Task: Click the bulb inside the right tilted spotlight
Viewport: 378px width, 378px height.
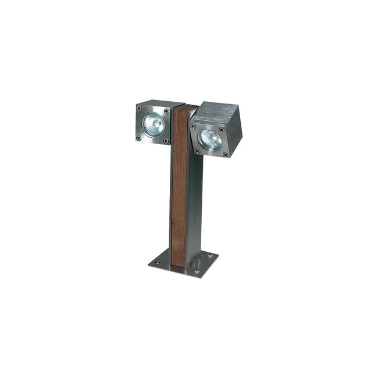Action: coord(209,138)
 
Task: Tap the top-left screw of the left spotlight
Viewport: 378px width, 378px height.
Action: coord(140,108)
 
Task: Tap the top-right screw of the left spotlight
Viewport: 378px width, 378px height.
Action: coord(166,109)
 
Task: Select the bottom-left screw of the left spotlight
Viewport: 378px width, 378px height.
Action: coord(139,138)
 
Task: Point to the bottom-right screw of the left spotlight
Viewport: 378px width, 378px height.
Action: coord(165,141)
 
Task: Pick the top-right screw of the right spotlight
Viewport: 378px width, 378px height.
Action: coord(222,130)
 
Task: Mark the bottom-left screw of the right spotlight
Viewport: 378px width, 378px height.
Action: coord(198,151)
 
